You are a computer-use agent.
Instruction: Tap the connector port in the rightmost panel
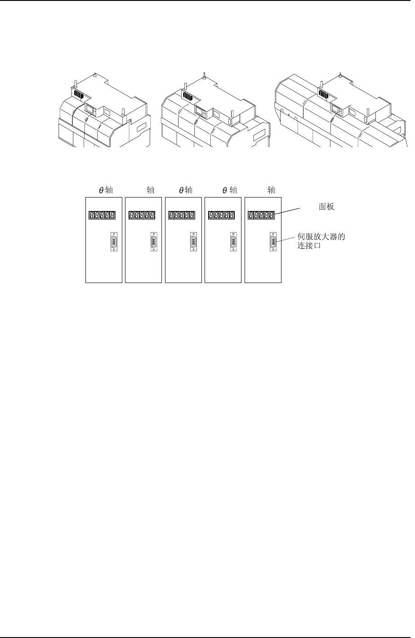pyautogui.click(x=273, y=242)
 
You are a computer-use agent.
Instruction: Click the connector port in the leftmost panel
pyautogui.click(x=114, y=242)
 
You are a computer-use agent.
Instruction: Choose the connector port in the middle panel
pyautogui.click(x=193, y=242)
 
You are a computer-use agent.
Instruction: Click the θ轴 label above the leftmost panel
pyautogui.click(x=106, y=190)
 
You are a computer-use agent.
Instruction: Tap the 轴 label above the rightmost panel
pyautogui.click(x=271, y=190)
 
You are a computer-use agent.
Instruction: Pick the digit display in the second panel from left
pyautogui.click(x=142, y=216)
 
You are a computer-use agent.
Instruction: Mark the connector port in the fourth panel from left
pyautogui.click(x=233, y=242)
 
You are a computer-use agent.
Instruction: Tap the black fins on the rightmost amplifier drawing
pyautogui.click(x=324, y=93)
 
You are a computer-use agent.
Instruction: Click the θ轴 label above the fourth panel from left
pyautogui.click(x=229, y=190)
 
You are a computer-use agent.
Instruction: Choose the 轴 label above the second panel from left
pyautogui.click(x=151, y=190)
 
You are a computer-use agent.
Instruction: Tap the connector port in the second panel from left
pyautogui.click(x=154, y=242)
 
